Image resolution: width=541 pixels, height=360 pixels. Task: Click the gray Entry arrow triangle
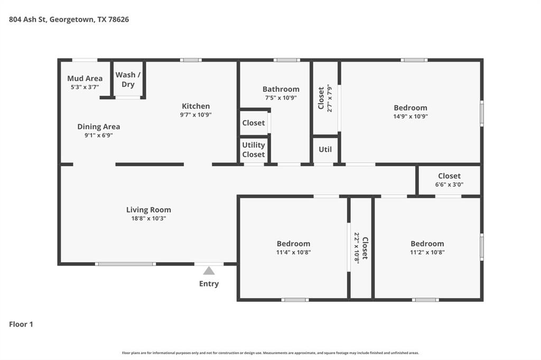(x=209, y=271)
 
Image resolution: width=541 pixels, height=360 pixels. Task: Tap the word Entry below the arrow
(x=209, y=284)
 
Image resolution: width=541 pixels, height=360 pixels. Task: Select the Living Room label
(x=148, y=210)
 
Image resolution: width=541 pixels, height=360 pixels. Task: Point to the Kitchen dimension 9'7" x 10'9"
(x=195, y=115)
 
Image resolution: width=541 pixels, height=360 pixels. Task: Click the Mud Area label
(x=85, y=78)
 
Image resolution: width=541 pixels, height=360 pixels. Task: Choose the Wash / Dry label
(x=128, y=80)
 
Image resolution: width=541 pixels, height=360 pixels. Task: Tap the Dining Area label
(x=99, y=127)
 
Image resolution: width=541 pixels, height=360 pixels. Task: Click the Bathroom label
(x=281, y=89)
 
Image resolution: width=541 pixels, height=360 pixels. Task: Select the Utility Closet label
(x=254, y=150)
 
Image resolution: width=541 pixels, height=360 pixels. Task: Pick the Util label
(x=325, y=149)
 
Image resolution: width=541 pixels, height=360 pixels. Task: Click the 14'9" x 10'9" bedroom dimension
(x=411, y=117)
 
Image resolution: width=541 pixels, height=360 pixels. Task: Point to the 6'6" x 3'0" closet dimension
(x=449, y=184)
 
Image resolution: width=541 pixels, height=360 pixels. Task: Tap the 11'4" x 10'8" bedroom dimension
(x=294, y=252)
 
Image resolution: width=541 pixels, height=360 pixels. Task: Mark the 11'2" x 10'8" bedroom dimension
(x=427, y=252)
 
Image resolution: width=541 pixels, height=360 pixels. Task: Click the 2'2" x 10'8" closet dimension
(x=357, y=248)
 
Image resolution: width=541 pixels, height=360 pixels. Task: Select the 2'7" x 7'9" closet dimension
(x=330, y=98)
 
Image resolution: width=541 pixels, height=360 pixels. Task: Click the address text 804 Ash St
(x=27, y=20)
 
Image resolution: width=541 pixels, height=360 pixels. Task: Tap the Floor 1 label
(x=21, y=324)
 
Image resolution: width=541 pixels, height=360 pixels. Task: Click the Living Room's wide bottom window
(x=125, y=264)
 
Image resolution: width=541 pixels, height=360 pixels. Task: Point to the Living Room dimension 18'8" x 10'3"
(x=148, y=219)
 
